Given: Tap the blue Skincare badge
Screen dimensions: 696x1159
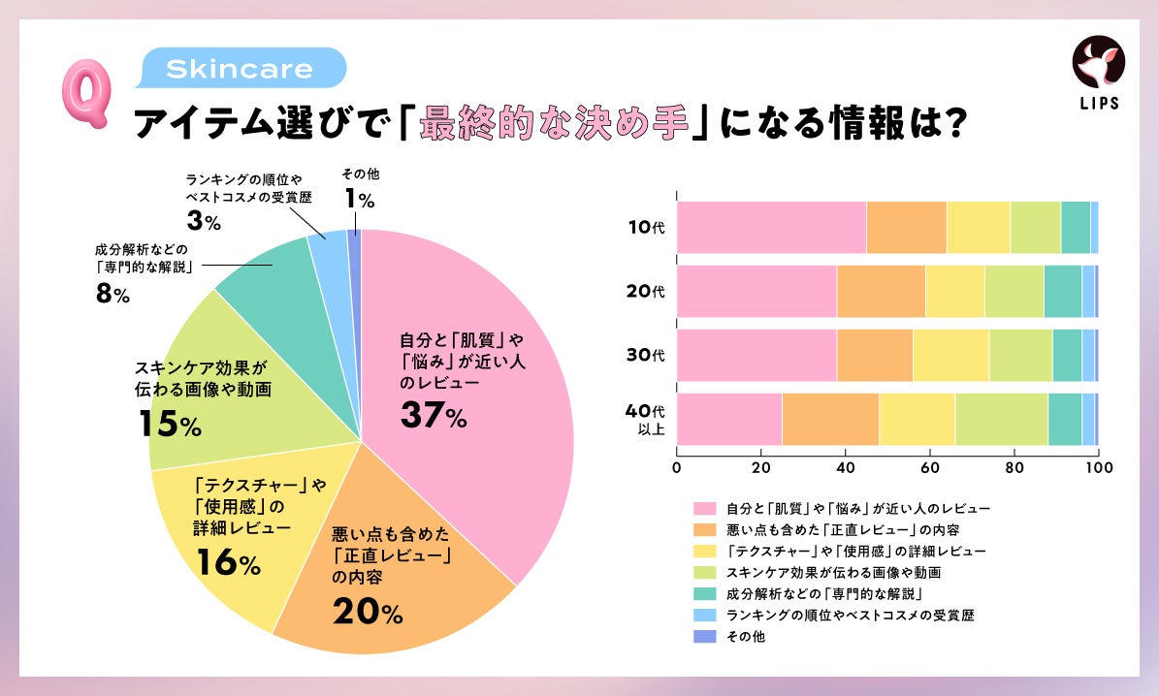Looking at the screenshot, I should [x=239, y=70].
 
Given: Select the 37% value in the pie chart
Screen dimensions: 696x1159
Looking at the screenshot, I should [x=434, y=415].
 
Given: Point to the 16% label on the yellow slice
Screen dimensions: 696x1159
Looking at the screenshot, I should [x=228, y=563].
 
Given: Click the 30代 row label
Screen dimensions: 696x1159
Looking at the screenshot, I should [x=645, y=355].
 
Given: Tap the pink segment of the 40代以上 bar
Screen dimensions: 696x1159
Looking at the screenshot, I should [x=728, y=419].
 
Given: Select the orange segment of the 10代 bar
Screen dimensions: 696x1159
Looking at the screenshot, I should [x=906, y=227].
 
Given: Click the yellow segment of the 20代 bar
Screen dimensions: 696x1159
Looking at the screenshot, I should [x=954, y=291].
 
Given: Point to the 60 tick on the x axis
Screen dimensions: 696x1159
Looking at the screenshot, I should [x=929, y=467].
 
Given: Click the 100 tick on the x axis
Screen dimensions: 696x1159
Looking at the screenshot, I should [x=1098, y=467].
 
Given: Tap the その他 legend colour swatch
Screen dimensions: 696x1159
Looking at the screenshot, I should [x=705, y=637].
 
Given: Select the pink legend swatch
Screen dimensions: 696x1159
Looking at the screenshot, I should [x=705, y=508].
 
